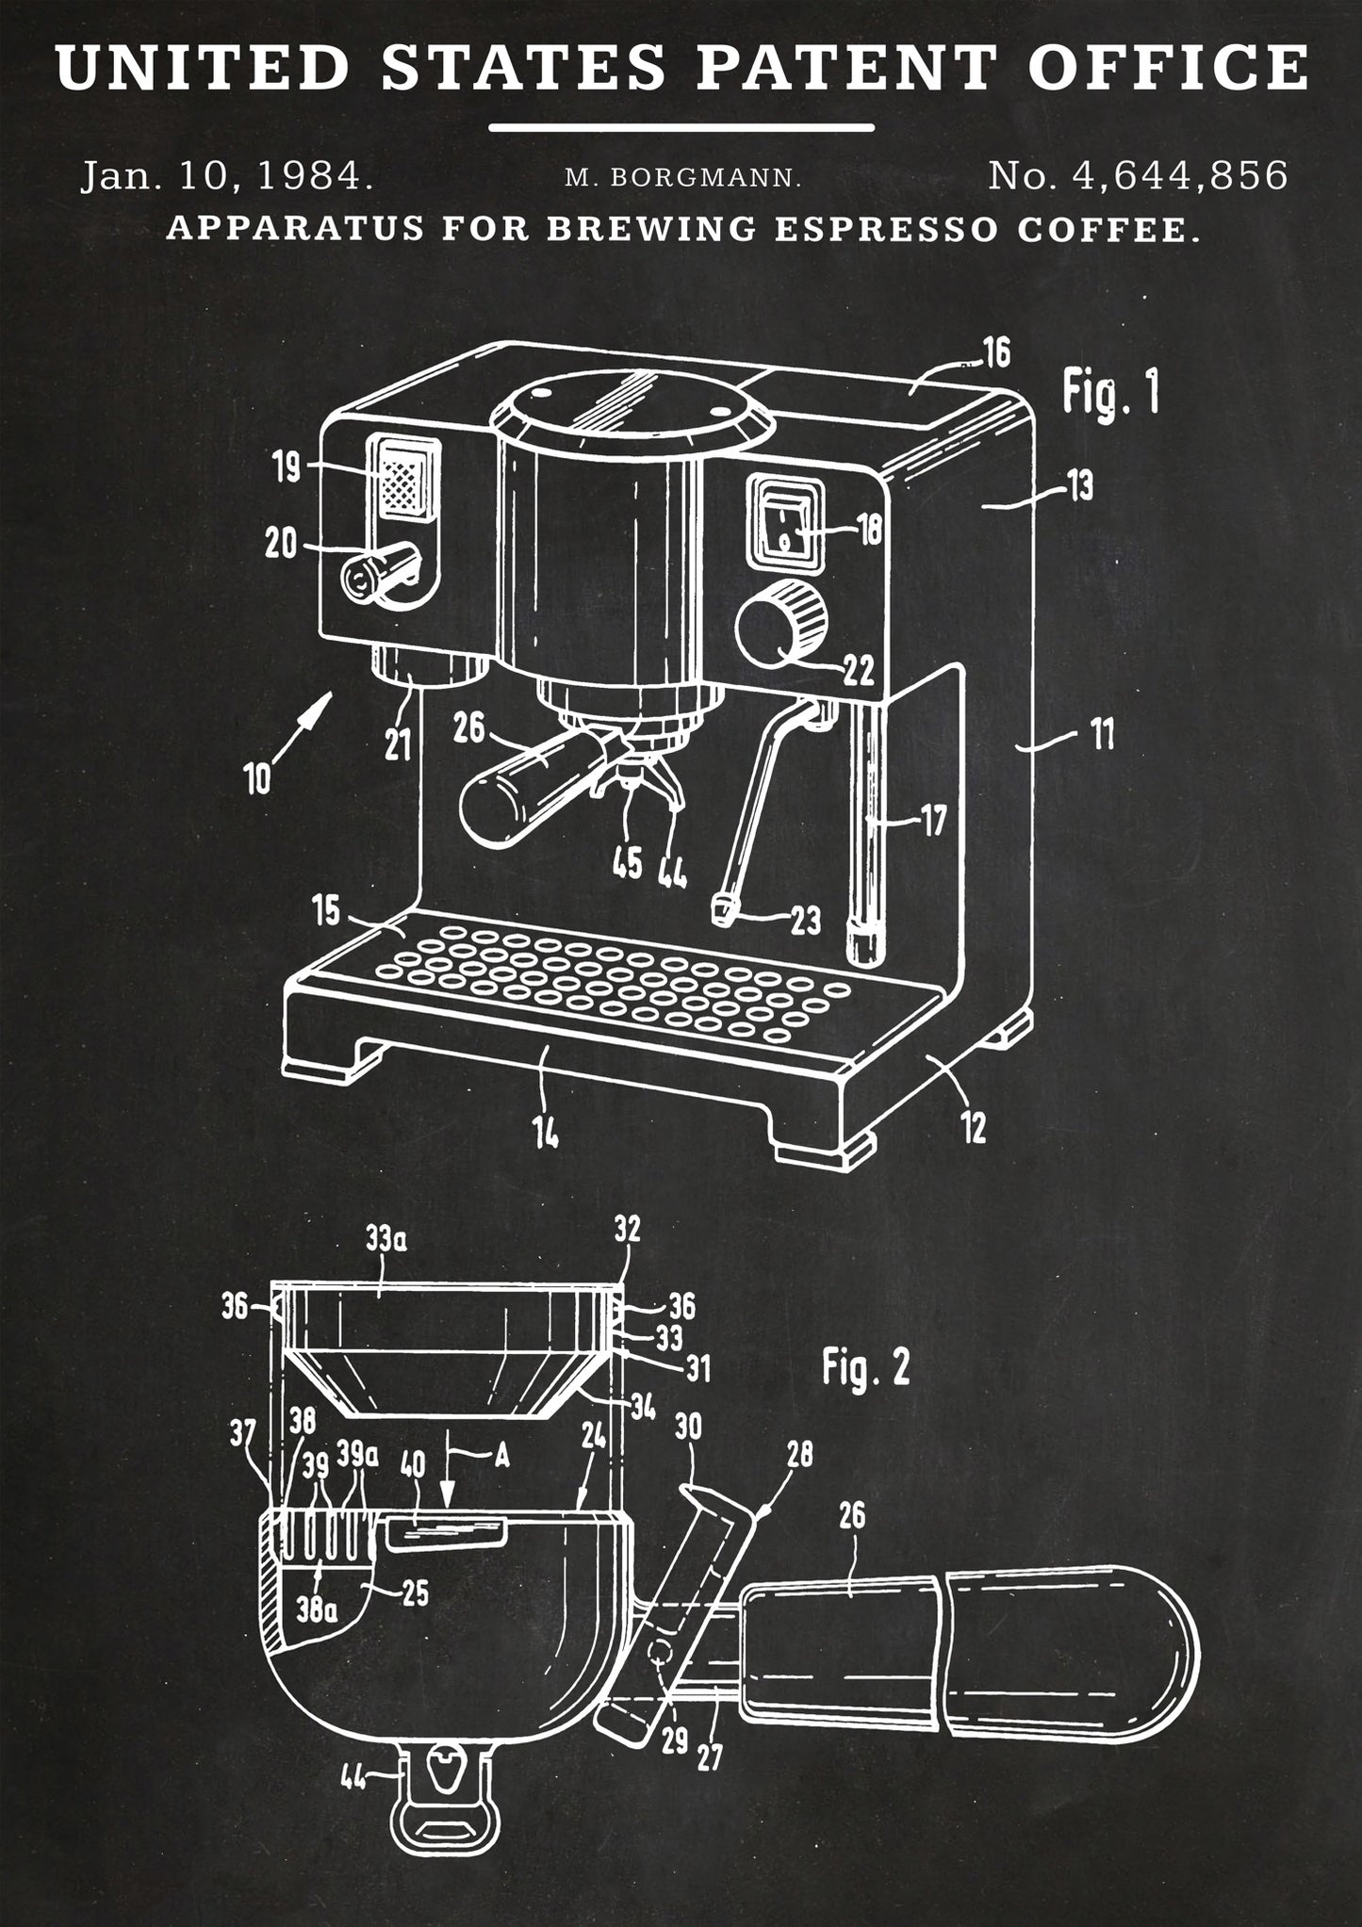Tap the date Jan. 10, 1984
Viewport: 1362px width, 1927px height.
tap(227, 176)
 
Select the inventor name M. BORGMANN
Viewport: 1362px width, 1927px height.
tap(683, 177)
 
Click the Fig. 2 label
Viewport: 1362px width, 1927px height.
tap(865, 1367)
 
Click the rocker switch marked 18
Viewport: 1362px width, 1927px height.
tap(784, 525)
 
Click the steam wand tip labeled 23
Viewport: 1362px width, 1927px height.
tap(723, 910)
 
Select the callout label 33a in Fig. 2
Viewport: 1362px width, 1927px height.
tap(386, 1239)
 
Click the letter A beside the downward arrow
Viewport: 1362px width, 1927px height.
tap(501, 1456)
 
